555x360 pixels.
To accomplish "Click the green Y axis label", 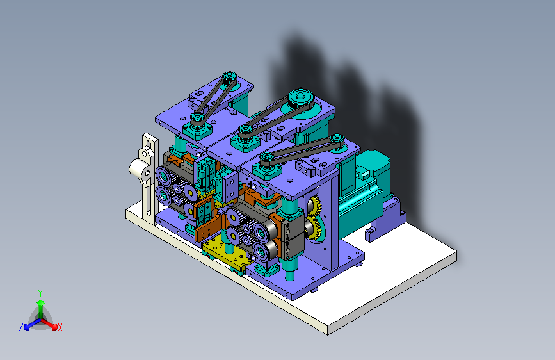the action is point(40,293).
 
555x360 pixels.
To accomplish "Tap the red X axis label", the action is point(60,327).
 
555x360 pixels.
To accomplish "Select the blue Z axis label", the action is point(21,327).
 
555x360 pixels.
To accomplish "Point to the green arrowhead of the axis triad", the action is point(41,302).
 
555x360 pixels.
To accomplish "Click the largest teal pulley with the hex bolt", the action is point(302,99).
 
